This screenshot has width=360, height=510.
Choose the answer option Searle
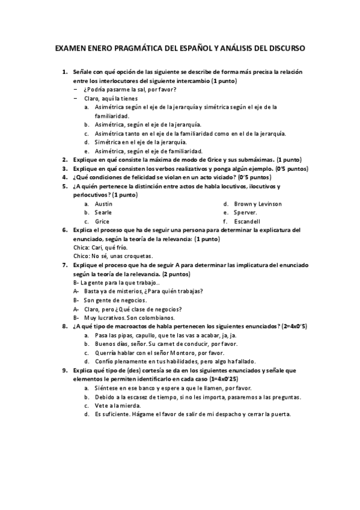point(103,212)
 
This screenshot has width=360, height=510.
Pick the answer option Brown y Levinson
point(258,204)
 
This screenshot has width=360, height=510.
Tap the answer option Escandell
point(248,221)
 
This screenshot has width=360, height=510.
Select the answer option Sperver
point(246,212)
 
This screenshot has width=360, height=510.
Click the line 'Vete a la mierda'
point(118,405)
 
